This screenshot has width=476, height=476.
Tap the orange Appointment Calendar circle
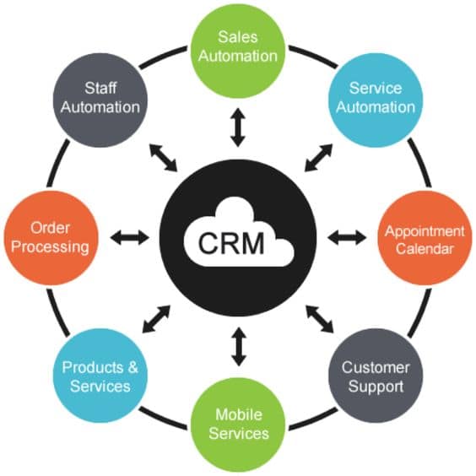(x=425, y=240)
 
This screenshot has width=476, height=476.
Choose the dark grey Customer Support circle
(x=375, y=377)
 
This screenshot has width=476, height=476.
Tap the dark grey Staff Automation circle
(x=100, y=97)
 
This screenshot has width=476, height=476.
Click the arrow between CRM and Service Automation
(x=318, y=158)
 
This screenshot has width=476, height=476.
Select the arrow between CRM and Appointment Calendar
(x=348, y=238)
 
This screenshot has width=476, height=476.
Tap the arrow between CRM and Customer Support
(x=318, y=317)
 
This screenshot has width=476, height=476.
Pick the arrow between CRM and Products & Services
(x=158, y=318)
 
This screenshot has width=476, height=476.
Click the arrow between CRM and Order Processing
(x=128, y=238)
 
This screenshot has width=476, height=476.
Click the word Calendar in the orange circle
(x=425, y=249)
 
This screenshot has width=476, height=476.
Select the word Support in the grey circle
(x=375, y=387)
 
